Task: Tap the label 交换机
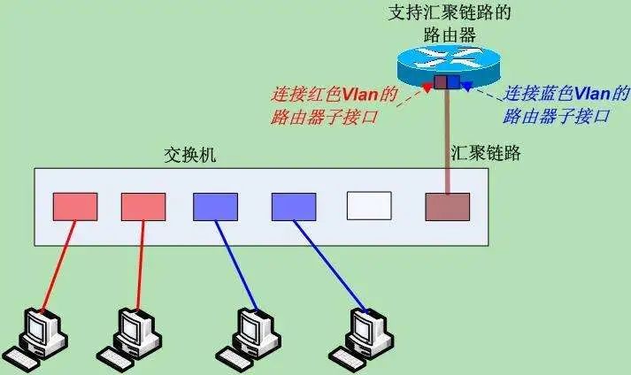pos(189,154)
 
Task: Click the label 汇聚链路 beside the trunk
pos(486,153)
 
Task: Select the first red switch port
pos(75,207)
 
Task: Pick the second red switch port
pos(143,207)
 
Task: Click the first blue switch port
pos(215,207)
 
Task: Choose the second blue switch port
pos(294,207)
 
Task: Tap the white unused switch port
pos(368,207)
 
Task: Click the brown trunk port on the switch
pos(447,207)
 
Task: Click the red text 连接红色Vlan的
pos(334,93)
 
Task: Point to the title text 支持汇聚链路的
pos(450,12)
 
